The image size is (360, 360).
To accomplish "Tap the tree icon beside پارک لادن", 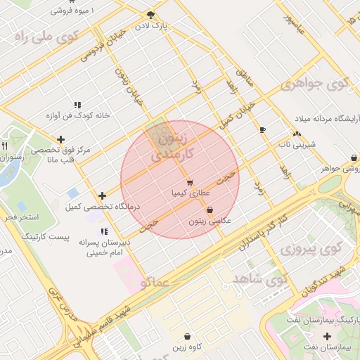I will tap(150, 14).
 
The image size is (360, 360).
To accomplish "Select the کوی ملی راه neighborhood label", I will tap(44, 37).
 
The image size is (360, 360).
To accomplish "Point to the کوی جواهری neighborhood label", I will tap(314, 84).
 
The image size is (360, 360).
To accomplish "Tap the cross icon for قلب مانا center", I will tap(61, 139).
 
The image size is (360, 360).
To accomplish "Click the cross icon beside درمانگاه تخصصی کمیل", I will tap(103, 195).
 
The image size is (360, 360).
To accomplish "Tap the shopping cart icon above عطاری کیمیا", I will tap(190, 182).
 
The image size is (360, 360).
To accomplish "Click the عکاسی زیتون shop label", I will tap(210, 221).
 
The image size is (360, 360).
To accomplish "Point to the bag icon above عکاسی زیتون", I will tap(210, 210).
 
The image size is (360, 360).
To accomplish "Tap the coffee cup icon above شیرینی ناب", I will tap(263, 130).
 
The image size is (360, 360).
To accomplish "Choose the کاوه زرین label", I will tap(187, 347).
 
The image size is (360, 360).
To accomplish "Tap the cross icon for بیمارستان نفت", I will tap(327, 336).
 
